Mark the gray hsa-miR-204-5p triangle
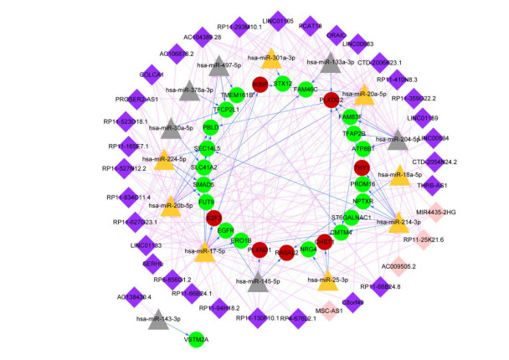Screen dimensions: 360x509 [398, 141]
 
